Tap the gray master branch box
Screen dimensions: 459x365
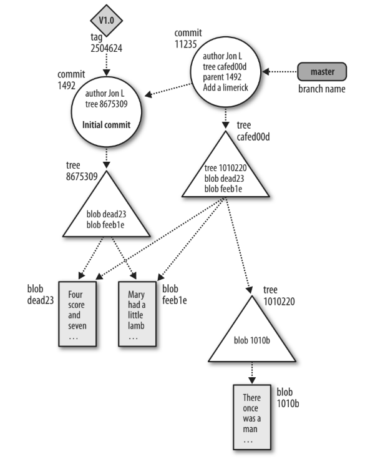click(322, 72)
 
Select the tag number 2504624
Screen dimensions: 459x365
click(100, 46)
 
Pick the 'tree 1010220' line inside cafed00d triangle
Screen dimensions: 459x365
click(225, 168)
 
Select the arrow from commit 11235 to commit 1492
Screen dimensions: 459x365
click(168, 92)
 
